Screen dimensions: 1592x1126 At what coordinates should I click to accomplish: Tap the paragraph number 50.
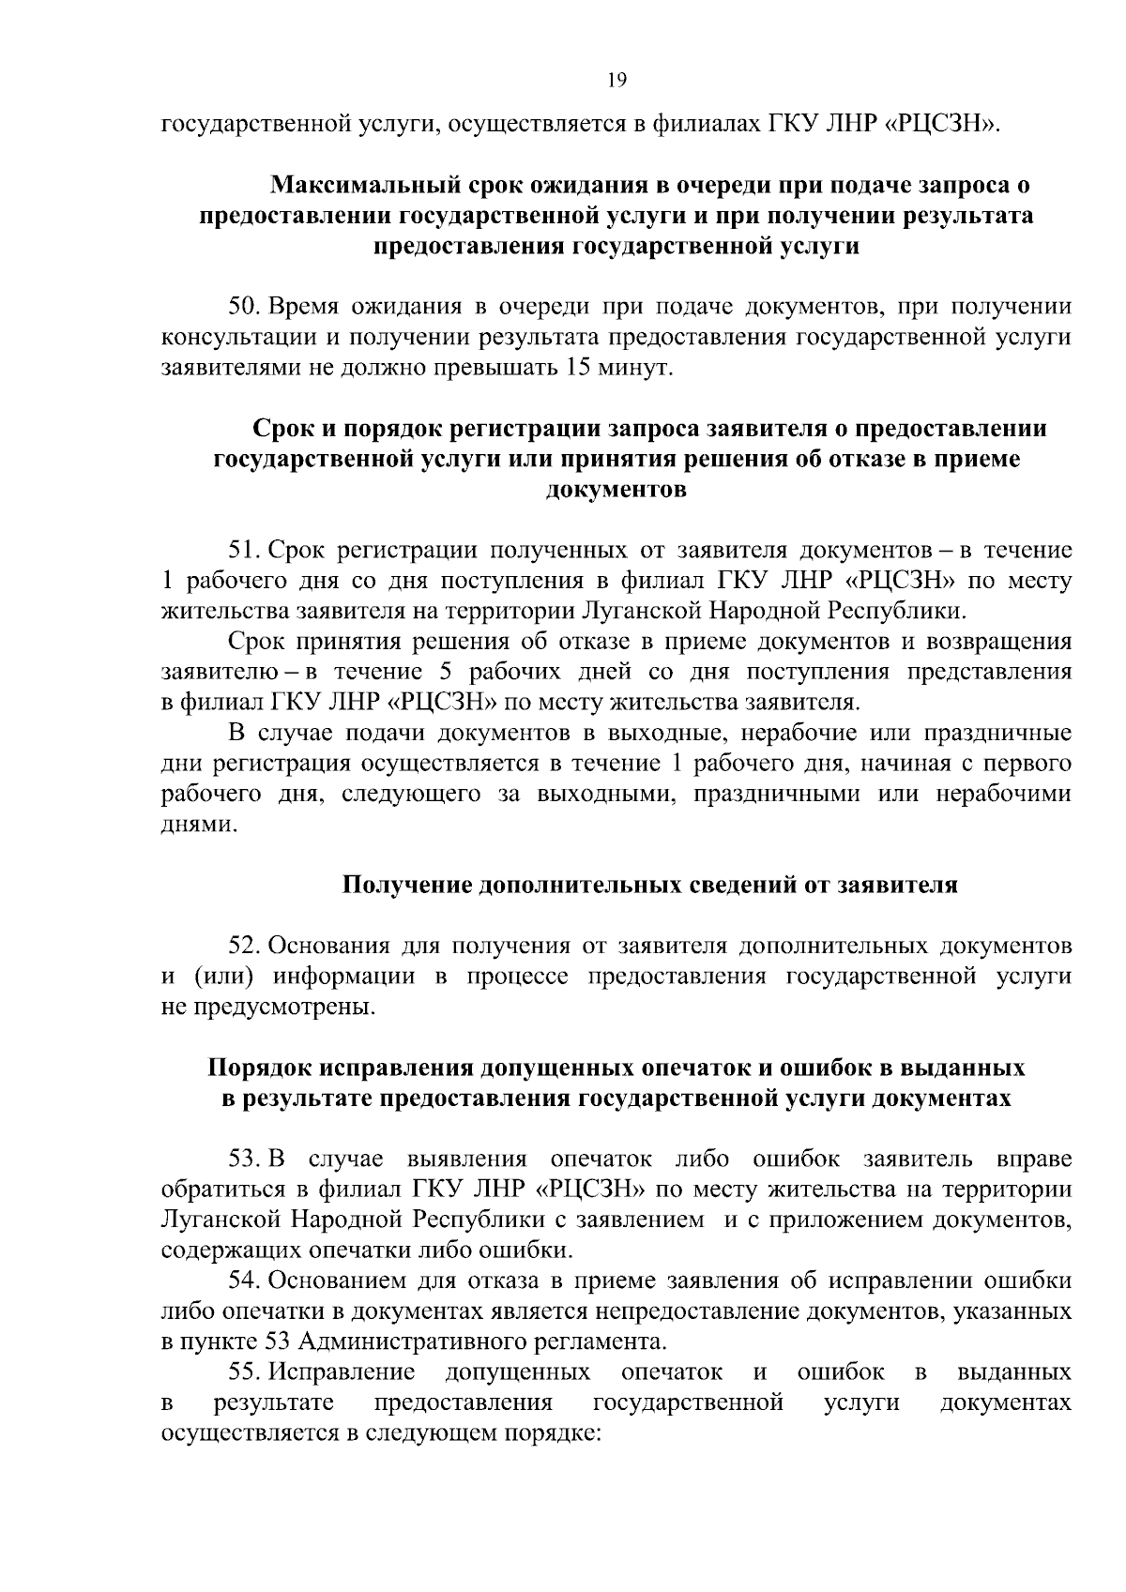pos(246,307)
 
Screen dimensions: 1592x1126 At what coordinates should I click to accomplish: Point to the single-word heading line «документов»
pos(616,491)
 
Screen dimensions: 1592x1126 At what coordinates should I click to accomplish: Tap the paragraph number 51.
pos(246,551)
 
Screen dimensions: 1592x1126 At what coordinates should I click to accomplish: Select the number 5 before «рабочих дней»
pos(445,673)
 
